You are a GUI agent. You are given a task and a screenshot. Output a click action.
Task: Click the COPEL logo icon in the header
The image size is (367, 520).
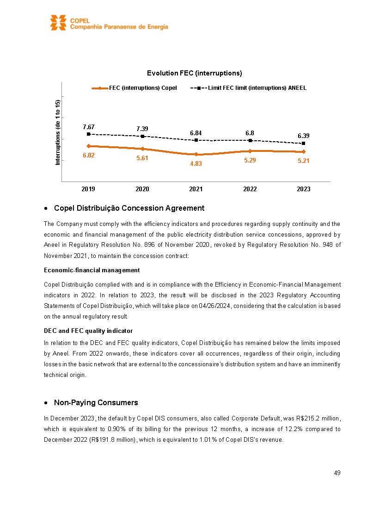pos(59,23)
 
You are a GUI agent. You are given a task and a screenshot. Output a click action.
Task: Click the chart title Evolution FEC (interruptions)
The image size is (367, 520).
pos(194,73)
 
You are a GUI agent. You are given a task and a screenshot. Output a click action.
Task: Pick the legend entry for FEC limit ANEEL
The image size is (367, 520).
pos(249,88)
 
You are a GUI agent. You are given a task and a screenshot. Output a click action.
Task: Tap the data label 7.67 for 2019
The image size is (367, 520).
pos(88,127)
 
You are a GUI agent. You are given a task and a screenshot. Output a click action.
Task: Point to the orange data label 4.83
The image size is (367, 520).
pos(196,163)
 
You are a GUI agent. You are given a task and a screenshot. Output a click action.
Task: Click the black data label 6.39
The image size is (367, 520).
pos(303,136)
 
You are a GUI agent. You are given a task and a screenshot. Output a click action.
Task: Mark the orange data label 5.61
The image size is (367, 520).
pos(142,158)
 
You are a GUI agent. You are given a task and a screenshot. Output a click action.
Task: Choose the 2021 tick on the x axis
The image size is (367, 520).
pos(196,189)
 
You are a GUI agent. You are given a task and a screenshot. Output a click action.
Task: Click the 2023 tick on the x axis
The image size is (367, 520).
pos(303,189)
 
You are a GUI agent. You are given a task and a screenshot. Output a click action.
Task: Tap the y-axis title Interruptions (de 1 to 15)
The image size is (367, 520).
pos(58,132)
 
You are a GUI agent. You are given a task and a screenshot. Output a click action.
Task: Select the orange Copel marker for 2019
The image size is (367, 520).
pos(88,146)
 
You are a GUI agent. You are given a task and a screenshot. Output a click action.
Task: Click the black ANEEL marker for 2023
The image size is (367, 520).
pos(303,144)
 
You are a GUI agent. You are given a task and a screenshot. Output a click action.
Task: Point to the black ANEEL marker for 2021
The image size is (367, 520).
pos(196,140)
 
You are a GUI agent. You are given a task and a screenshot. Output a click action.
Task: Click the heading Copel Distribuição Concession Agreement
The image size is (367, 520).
pos(129,208)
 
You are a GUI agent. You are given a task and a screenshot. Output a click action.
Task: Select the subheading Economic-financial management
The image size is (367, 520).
pos(92,270)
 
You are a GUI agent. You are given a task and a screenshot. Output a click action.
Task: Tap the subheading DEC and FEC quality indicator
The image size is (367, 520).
pos(88,331)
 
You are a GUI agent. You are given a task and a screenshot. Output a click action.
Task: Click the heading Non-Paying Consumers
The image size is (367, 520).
pos(96,402)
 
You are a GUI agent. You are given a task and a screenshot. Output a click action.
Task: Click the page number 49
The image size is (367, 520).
pos(337,473)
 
